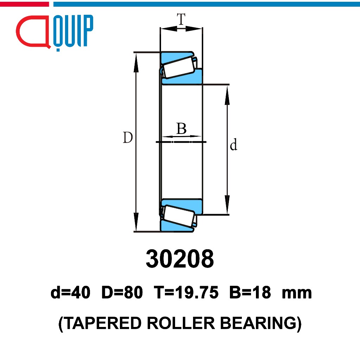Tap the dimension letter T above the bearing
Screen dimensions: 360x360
(181, 20)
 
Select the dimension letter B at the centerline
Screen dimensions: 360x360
(181, 129)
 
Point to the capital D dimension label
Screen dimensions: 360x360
(128, 138)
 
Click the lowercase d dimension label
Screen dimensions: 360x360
(233, 145)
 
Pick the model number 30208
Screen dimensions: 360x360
(180, 259)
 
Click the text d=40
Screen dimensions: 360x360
(70, 293)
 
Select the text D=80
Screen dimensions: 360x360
(122, 293)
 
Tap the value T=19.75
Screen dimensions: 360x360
(185, 293)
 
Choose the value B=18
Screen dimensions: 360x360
(250, 293)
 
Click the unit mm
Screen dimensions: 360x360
(297, 293)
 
